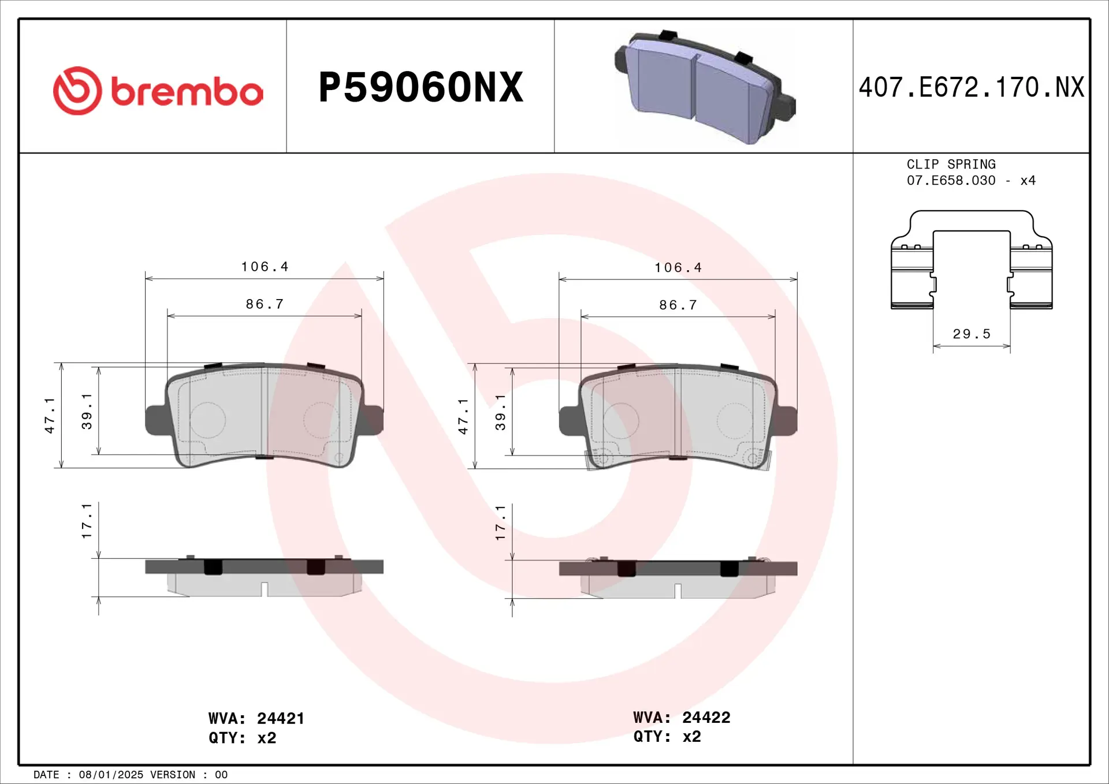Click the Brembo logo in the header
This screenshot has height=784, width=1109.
(158, 91)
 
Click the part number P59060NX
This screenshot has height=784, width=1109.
(420, 88)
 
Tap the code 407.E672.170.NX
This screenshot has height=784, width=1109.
(971, 88)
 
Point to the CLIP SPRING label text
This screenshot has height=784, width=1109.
(951, 165)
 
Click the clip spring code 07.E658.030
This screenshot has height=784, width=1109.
(951, 181)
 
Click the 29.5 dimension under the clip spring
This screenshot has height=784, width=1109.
(972, 334)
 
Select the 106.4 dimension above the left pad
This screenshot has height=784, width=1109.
(265, 267)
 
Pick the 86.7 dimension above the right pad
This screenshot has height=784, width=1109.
(678, 305)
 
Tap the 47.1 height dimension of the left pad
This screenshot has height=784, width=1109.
(50, 415)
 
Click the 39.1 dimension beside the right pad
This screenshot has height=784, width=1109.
(500, 412)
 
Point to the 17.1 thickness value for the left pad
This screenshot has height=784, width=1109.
(87, 521)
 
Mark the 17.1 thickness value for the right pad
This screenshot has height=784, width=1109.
(500, 522)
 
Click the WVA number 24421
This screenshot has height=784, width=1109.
(280, 718)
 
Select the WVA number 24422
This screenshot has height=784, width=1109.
(706, 717)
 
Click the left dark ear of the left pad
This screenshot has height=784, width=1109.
(155, 420)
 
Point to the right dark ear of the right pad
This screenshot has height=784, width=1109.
(788, 420)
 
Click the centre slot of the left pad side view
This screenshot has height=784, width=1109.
(265, 589)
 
